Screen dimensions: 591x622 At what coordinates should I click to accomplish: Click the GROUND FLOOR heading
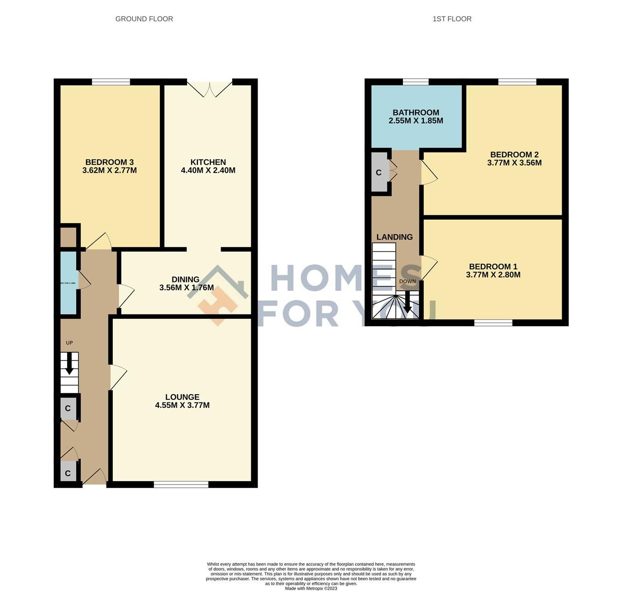click(144, 19)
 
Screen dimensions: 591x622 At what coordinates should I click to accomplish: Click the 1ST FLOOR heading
click(452, 19)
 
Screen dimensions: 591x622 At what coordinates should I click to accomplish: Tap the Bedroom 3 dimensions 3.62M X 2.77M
click(109, 171)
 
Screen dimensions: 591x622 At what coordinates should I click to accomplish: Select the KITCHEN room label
click(208, 162)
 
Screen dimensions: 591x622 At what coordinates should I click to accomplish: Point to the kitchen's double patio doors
click(210, 87)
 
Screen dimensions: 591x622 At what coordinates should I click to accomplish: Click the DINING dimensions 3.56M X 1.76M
click(186, 288)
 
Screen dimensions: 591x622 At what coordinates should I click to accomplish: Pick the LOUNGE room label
click(182, 397)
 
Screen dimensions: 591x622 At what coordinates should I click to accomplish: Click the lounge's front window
click(181, 484)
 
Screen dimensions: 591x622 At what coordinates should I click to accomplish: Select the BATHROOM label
click(416, 113)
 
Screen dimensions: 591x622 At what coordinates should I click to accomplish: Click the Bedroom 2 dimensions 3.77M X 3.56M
click(514, 163)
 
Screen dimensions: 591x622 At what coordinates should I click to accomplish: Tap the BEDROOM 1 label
click(493, 266)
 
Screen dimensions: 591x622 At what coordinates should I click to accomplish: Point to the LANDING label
click(395, 237)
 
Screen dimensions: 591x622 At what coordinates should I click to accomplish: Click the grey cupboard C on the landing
click(379, 173)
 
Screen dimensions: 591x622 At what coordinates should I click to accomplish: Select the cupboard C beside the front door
click(68, 473)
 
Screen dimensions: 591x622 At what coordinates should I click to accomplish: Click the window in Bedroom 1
click(493, 323)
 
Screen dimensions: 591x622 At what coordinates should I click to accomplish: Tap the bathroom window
click(415, 82)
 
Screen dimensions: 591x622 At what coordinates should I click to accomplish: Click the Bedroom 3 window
click(111, 82)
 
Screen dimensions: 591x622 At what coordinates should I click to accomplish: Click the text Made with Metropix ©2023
click(311, 589)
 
